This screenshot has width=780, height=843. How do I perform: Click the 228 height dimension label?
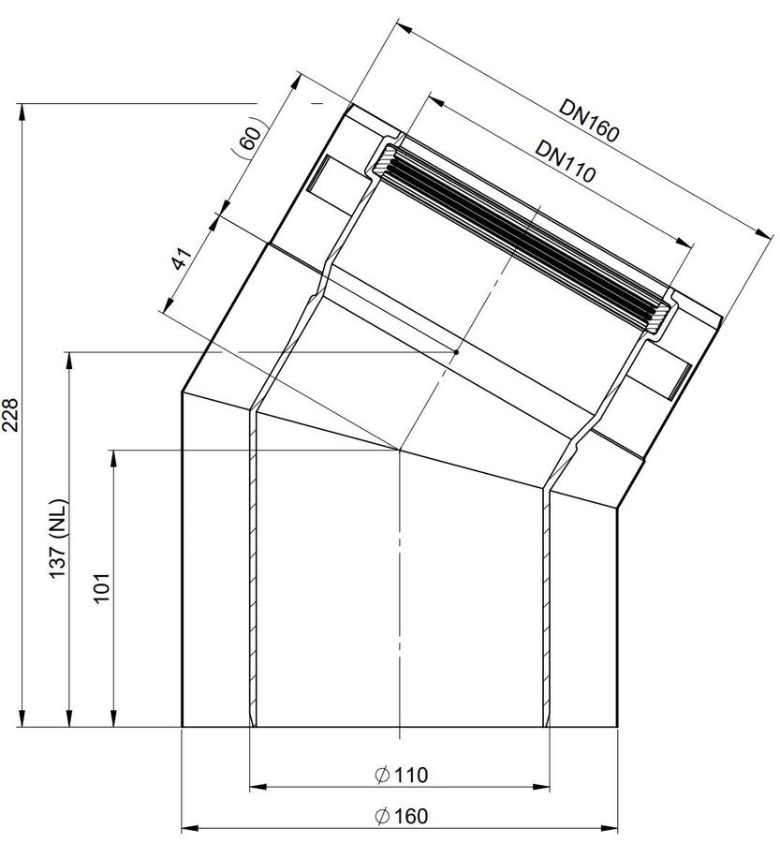11,415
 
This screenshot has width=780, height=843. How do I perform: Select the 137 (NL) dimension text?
58,540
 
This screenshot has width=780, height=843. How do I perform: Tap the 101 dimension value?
102,588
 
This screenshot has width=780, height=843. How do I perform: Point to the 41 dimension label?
182,259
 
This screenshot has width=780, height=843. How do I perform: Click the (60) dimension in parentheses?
248,140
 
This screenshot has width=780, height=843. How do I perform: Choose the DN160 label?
589,121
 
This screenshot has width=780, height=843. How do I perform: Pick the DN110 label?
566,161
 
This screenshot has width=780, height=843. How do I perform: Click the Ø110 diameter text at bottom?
402,775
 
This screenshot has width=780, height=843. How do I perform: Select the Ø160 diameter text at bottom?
402,816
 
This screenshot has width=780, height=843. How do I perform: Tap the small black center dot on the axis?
456,352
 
